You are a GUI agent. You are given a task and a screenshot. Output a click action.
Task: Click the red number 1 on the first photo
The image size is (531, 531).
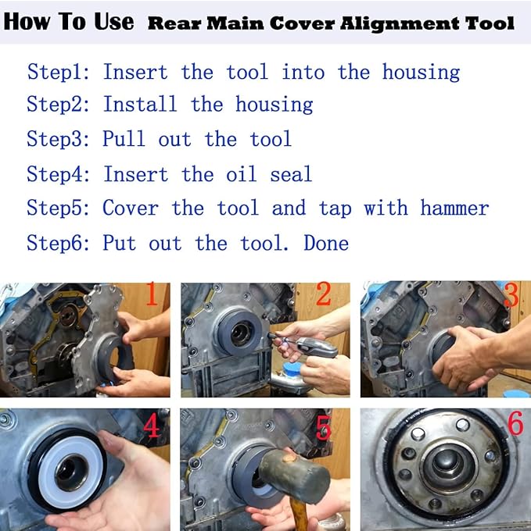(x=152, y=296)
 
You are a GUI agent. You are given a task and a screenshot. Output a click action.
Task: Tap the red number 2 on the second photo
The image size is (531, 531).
(x=323, y=295)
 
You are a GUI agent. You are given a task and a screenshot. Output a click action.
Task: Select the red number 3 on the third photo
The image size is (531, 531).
(x=511, y=295)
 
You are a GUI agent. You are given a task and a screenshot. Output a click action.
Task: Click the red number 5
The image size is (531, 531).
(x=323, y=427)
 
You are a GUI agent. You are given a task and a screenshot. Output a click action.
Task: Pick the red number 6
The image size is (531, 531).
(x=515, y=424)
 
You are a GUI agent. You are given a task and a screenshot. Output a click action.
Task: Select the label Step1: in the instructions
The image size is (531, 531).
(x=61, y=73)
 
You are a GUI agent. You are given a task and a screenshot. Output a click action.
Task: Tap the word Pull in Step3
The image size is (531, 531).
(x=124, y=140)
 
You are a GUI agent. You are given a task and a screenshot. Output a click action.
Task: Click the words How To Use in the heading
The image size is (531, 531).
(x=69, y=22)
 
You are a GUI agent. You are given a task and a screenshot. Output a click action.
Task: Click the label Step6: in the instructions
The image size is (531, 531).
(x=61, y=243)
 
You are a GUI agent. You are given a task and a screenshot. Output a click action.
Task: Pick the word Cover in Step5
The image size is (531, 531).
(x=130, y=208)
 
